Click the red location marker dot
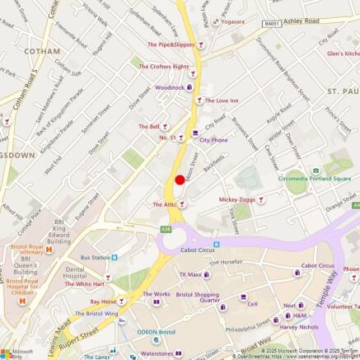click(x=179, y=180)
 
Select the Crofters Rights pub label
click(x=163, y=67)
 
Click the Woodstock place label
click(x=170, y=86)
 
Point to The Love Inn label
click(x=221, y=101)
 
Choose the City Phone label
click(x=213, y=140)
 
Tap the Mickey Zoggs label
click(x=236, y=199)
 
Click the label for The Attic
click(x=165, y=203)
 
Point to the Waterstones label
click(x=157, y=353)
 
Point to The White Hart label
click(x=84, y=284)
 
